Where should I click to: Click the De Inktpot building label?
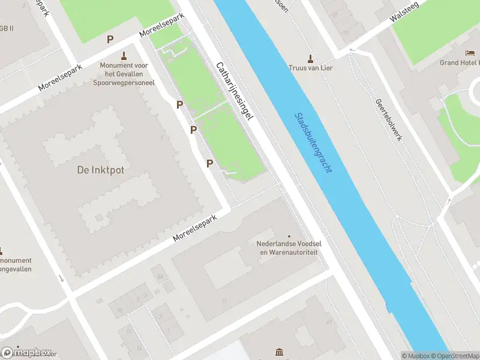coord(101,170)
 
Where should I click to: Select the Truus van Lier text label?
coord(310,68)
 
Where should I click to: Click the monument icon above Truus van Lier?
coord(310,58)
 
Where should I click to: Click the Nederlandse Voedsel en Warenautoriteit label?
coord(287,248)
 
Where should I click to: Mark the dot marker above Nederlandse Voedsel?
coord(289,236)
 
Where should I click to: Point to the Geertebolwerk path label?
coord(388,120)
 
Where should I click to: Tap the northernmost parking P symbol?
coord(110,40)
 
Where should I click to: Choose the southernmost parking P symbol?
coord(210,163)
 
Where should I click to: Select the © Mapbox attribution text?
coord(415,356)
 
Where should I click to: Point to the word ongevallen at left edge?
coord(16,269)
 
